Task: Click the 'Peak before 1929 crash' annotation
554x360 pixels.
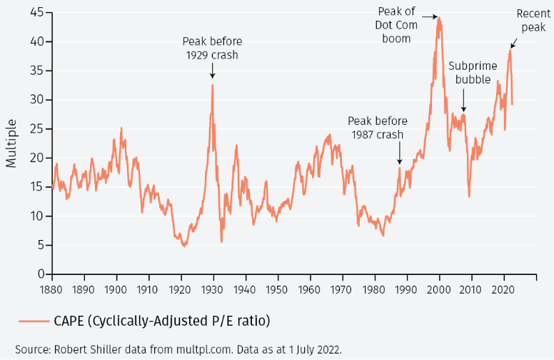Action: point(212,48)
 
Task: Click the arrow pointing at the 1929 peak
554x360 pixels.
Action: point(212,71)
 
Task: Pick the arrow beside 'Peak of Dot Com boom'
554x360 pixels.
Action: point(428,15)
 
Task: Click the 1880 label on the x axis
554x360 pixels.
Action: point(52,290)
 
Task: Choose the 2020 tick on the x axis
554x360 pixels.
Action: point(503,290)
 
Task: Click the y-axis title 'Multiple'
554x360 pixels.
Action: point(11,144)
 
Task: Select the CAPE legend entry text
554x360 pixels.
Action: point(161,321)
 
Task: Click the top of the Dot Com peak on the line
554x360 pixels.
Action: point(439,18)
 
